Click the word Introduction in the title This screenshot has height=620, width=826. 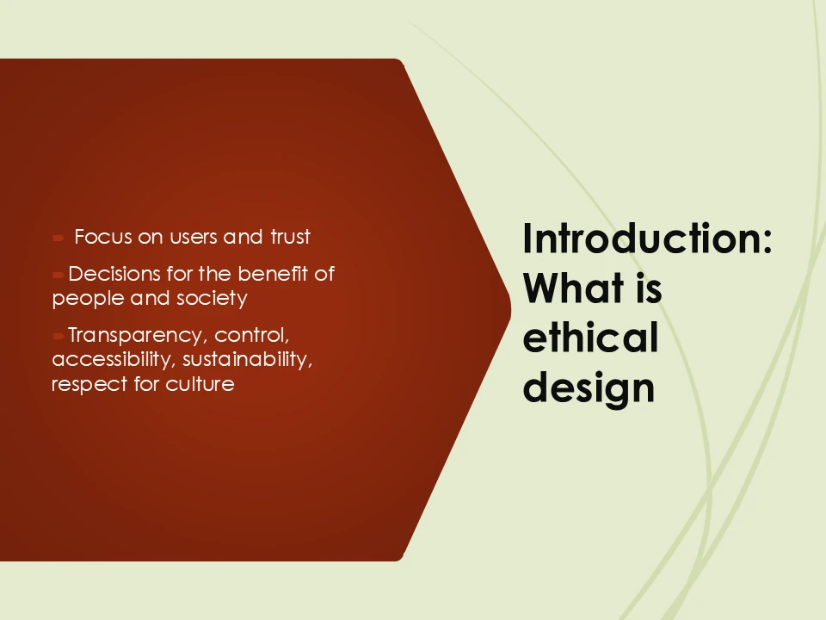pyautogui.click(x=645, y=239)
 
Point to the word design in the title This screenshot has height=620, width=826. pyautogui.click(x=589, y=387)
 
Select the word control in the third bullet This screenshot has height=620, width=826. pyautogui.click(x=250, y=334)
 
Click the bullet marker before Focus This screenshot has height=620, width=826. pyautogui.click(x=57, y=237)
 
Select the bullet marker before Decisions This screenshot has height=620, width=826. pyautogui.click(x=58, y=275)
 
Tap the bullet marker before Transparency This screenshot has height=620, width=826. pyautogui.click(x=58, y=335)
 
